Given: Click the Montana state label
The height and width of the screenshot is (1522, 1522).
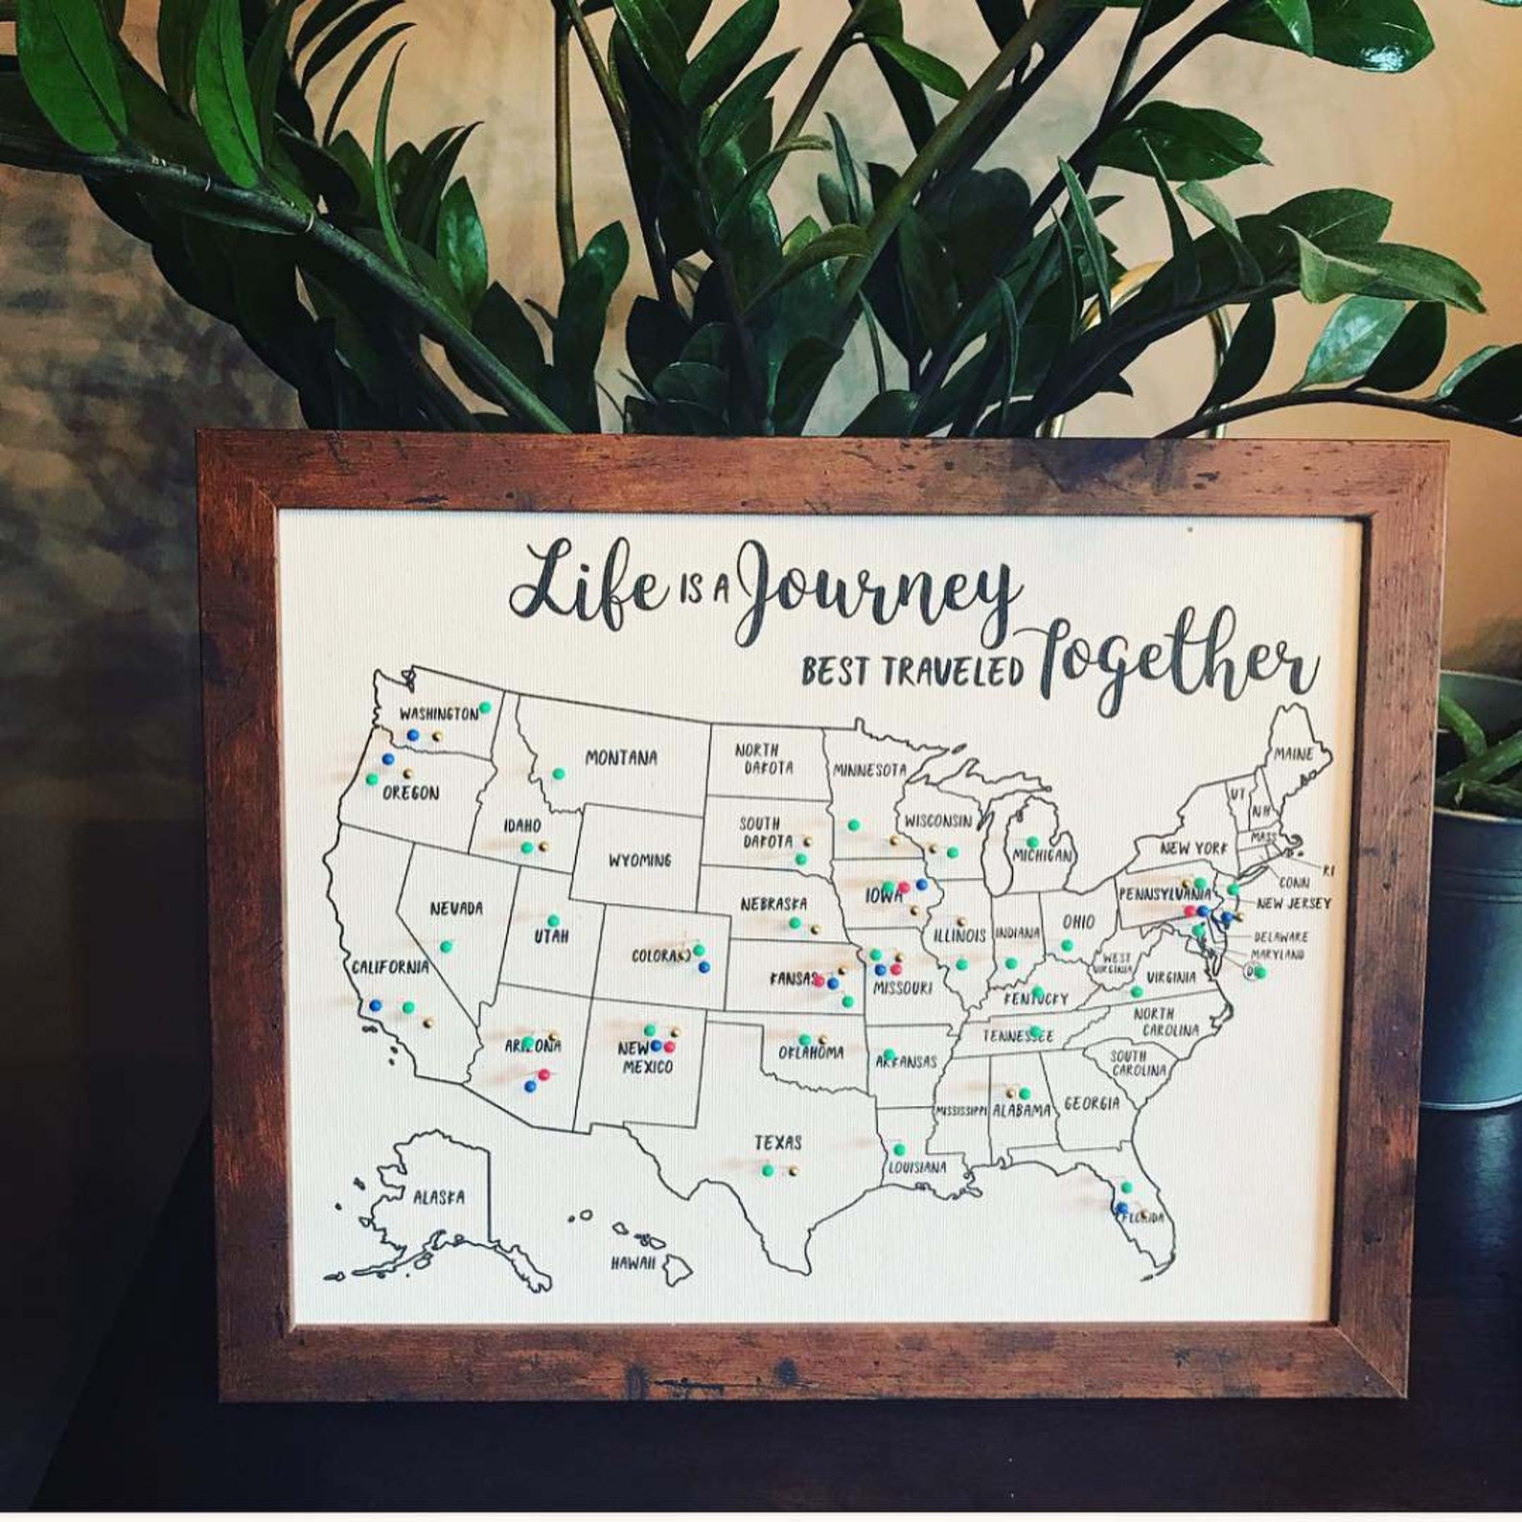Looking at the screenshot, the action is click(621, 758).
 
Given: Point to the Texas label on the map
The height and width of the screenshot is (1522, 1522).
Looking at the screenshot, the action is click(777, 1142).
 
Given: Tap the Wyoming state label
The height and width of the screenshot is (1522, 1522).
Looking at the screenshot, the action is click(639, 860).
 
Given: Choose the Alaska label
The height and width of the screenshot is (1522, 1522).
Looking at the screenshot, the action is click(438, 1197).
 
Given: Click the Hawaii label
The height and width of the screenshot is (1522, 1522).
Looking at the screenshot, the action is click(634, 1263).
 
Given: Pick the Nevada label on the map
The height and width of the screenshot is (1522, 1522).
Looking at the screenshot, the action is click(455, 908).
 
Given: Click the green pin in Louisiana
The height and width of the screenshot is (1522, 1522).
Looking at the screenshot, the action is click(898, 1149).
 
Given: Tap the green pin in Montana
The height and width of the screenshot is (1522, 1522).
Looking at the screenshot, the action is click(558, 773).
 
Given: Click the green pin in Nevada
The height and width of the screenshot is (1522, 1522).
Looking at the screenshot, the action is click(446, 946).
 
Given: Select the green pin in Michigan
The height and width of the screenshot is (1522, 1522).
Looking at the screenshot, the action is click(1031, 842).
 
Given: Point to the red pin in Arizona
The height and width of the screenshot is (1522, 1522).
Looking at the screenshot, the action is click(543, 1074).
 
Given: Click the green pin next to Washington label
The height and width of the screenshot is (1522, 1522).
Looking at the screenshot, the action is click(485, 707).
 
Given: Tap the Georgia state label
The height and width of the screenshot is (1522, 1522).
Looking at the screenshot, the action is click(1091, 1103).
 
